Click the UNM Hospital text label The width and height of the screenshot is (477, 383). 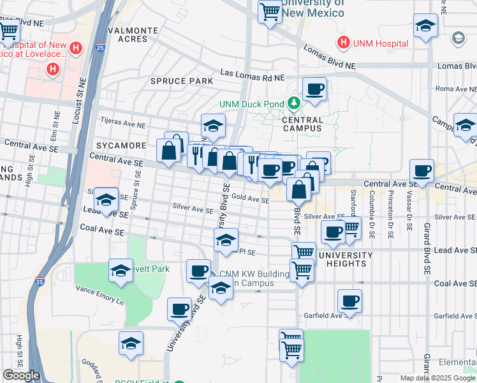pyautogui.click(x=381, y=43)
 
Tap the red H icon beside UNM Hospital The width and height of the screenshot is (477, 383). pyautogui.click(x=344, y=43)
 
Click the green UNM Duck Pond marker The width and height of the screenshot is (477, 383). pyautogui.click(x=293, y=103)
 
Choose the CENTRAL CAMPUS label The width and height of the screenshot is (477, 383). pyautogui.click(x=302, y=124)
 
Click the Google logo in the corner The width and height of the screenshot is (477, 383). pyautogui.click(x=21, y=375)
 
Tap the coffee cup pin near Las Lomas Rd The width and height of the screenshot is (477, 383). pyautogui.click(x=314, y=89)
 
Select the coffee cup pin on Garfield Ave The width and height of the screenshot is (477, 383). pyautogui.click(x=349, y=301)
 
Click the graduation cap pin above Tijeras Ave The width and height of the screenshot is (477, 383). pyautogui.click(x=213, y=125)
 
